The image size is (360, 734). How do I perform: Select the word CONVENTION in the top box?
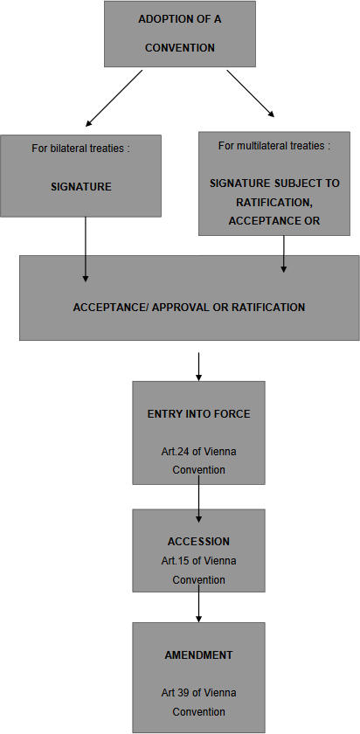point(180,48)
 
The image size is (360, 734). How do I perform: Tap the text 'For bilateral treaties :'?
point(80,149)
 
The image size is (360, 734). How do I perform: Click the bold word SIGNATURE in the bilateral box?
point(81,187)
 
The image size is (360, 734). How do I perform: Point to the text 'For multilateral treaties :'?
point(273,146)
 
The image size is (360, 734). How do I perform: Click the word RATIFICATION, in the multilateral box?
point(273,202)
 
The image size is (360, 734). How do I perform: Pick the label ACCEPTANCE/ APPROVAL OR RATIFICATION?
point(189,308)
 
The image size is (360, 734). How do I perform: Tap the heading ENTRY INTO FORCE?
point(198,414)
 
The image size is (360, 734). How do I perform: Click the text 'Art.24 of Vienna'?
point(198,452)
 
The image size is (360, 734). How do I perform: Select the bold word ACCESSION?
point(198,542)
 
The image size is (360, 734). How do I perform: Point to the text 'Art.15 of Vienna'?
point(198,560)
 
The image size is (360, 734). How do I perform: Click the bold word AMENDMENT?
point(198,654)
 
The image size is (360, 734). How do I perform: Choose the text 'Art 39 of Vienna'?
point(198,692)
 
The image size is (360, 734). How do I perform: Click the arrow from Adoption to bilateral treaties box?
point(114,98)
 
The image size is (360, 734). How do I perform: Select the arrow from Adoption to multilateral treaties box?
point(251,93)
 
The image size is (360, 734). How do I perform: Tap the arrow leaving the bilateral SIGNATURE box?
point(86,250)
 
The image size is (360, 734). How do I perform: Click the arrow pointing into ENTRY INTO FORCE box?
point(198,366)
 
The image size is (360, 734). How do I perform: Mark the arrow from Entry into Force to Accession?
point(198,499)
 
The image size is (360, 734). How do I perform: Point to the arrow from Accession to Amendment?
point(198,604)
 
